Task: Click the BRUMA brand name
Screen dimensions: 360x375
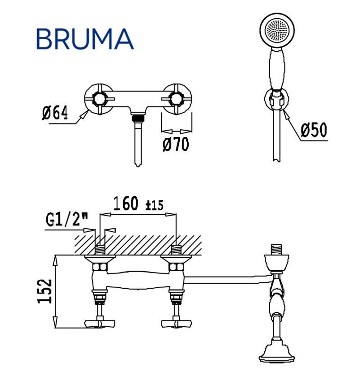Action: pos(85,39)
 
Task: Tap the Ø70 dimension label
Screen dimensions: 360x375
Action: pos(176,144)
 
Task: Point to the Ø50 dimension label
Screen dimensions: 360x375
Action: pos(314,130)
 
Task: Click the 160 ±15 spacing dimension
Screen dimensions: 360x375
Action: pos(138,203)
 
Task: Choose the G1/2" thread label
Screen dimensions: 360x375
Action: pos(67,219)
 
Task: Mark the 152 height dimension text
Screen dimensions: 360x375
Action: pos(45,291)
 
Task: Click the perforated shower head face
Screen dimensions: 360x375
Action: pos(277,30)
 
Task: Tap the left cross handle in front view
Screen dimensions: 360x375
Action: pos(99,99)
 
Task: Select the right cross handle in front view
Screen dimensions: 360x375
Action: pos(177,99)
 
